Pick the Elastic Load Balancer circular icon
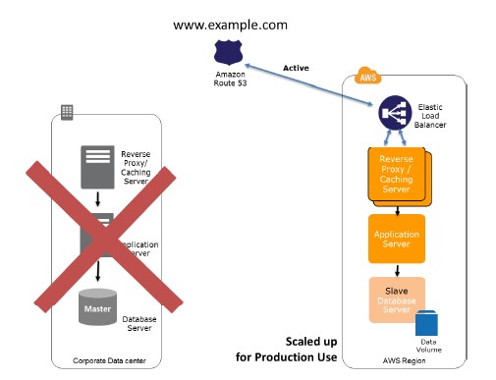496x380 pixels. (394, 115)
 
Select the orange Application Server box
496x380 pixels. (397, 239)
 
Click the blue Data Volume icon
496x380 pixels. (428, 324)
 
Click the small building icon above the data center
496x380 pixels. (68, 111)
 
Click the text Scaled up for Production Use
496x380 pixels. (287, 350)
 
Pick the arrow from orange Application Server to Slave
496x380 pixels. (397, 270)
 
